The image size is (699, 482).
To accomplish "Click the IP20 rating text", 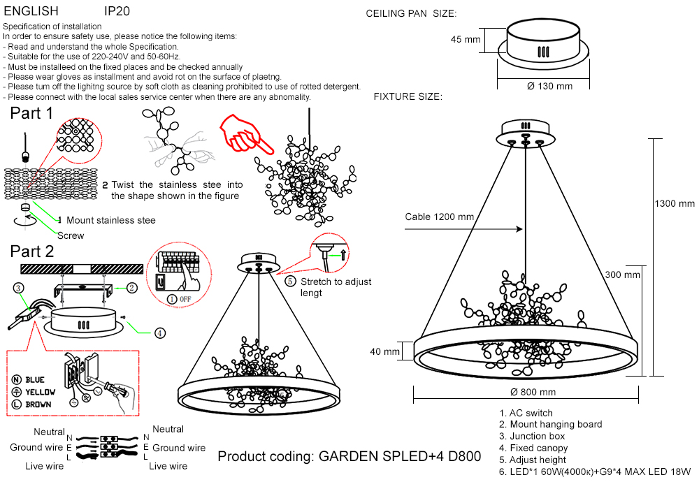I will coord(117,12).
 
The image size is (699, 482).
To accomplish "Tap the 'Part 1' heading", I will coord(31,114).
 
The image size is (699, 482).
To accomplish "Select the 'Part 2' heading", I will coord(32,251).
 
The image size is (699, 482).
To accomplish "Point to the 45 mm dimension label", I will coord(466,40).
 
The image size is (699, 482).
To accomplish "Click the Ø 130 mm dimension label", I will coord(549,86).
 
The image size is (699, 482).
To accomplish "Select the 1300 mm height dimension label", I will coord(675,203).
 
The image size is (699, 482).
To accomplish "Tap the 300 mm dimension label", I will coord(622,275).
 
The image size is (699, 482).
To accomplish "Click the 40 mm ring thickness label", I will coord(384,351).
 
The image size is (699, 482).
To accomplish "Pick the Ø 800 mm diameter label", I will coord(533,392).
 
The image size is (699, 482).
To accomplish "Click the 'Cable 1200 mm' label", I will coord(440,217).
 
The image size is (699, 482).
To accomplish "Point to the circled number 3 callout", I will coord(18,286).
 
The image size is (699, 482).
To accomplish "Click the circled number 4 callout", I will coord(160,333).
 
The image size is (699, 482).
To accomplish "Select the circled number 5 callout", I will coord(291,282).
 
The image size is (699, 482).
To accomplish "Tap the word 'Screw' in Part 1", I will coord(71,235).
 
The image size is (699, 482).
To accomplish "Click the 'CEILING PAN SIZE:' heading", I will coord(411,14).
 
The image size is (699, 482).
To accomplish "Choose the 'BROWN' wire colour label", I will coord(38,404).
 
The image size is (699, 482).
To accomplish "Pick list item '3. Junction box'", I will coord(532,437).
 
